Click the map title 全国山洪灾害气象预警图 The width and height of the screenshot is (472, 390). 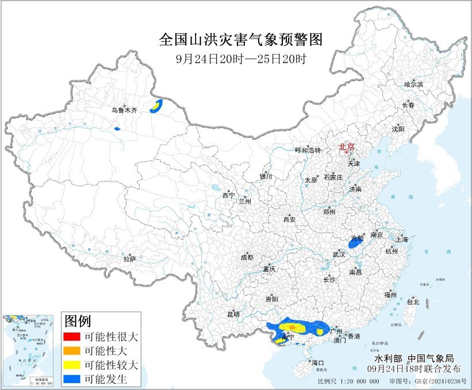[240, 40]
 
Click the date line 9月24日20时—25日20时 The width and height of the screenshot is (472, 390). [240, 59]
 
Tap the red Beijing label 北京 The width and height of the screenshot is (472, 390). [347, 146]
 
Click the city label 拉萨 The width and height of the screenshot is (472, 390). [129, 259]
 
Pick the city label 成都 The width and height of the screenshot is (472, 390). [247, 257]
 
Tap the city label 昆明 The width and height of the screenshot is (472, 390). [233, 314]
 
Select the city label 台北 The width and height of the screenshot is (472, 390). [413, 302]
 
